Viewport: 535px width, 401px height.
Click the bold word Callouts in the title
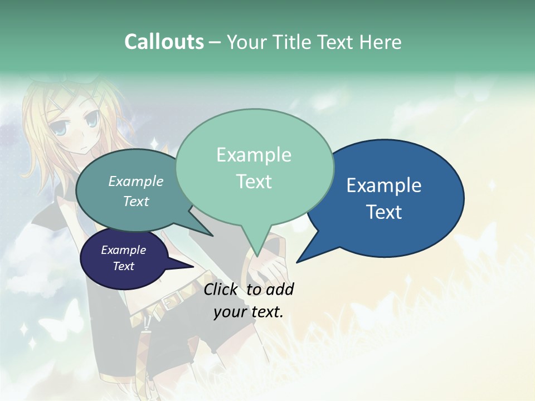tap(164, 42)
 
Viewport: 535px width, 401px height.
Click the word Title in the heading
tap(295, 42)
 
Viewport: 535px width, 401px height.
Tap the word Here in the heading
tap(381, 42)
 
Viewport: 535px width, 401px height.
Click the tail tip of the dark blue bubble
tap(297, 262)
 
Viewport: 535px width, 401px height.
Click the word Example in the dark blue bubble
tap(383, 185)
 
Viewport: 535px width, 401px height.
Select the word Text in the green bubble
tap(254, 182)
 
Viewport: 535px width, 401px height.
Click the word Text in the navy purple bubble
tap(124, 266)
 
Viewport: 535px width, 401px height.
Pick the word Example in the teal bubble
tap(136, 181)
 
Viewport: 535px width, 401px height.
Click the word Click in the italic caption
tap(222, 289)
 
